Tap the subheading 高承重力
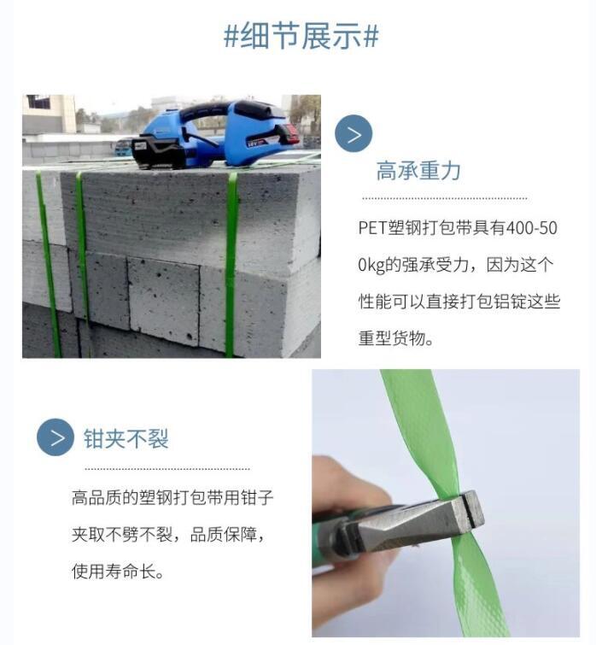[x=418, y=171]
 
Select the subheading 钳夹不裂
[x=126, y=439]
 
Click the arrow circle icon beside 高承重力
[x=354, y=134]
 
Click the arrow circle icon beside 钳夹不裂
[x=56, y=438]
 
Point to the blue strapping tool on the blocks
[x=213, y=132]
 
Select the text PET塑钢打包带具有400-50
[x=459, y=228]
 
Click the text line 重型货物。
[x=397, y=338]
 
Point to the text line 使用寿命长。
[x=118, y=571]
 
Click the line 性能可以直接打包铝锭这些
[x=459, y=302]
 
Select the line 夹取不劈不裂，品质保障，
[x=172, y=535]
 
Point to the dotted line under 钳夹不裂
[x=167, y=468]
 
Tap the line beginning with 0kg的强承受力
[x=459, y=265]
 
